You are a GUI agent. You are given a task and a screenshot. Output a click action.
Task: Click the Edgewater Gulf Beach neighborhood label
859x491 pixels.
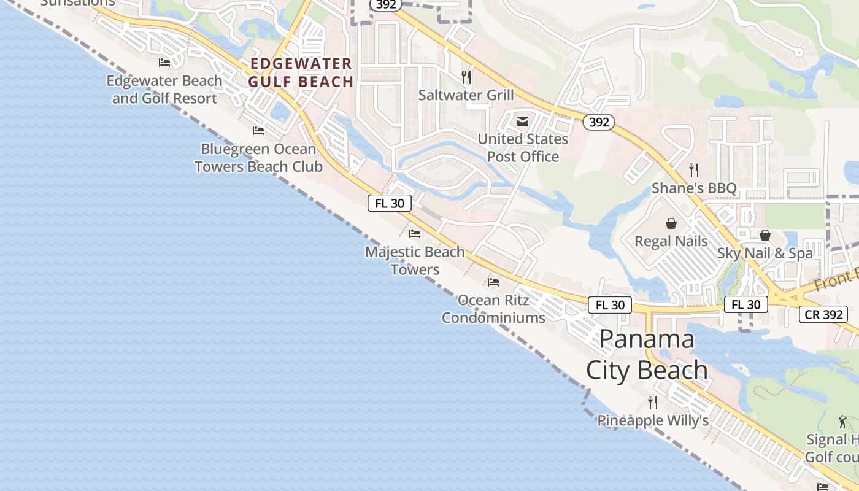301,72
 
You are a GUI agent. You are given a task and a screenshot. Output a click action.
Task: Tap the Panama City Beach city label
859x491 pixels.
647,355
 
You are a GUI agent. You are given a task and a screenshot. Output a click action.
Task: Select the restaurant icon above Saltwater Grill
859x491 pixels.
466,77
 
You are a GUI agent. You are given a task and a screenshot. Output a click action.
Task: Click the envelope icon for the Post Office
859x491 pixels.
523,121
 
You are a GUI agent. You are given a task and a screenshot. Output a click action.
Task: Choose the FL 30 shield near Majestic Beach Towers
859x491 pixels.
389,203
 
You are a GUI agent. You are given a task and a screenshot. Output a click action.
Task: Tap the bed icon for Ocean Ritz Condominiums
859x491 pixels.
493,282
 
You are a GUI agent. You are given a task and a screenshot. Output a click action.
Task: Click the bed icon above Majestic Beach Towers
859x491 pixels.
415,234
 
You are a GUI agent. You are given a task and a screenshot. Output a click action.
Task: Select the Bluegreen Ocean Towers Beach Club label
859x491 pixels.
258,158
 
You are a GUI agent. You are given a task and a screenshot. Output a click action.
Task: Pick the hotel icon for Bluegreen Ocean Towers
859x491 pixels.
258,131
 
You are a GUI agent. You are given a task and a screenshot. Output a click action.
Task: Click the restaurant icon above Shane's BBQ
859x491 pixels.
694,169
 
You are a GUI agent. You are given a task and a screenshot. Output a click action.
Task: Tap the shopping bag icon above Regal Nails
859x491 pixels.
671,223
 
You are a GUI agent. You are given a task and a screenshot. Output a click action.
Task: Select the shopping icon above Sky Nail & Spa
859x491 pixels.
765,235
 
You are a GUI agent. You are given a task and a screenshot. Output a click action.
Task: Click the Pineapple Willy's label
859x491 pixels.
653,420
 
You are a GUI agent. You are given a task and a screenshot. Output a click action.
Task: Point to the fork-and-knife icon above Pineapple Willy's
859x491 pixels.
653,403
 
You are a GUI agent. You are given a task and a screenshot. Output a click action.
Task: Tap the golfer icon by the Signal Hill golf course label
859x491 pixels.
842,422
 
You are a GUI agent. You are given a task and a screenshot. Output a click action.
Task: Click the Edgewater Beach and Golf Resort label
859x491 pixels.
164,90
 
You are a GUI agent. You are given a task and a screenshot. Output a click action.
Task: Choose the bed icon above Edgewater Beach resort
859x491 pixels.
164,63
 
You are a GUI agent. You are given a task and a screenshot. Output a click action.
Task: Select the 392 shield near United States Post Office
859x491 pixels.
598,122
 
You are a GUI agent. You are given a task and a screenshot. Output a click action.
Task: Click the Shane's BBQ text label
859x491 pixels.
694,188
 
